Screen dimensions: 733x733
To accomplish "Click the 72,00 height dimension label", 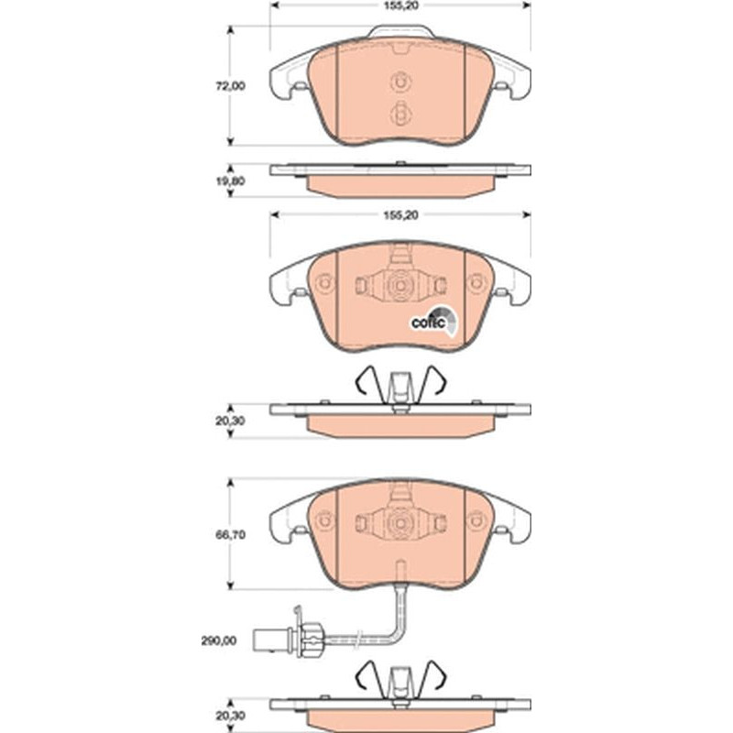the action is [x=230, y=86].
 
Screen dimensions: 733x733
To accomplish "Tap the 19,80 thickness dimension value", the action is [x=230, y=181].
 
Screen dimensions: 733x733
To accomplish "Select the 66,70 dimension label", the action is [x=230, y=535].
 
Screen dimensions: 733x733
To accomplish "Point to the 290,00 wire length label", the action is [x=219, y=640].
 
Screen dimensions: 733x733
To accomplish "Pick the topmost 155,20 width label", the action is [x=400, y=5].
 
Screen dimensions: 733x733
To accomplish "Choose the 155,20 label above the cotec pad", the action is [x=400, y=215].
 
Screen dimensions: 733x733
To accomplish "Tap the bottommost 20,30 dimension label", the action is [x=230, y=716].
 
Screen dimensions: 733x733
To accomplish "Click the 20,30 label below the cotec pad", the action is [x=230, y=421].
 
